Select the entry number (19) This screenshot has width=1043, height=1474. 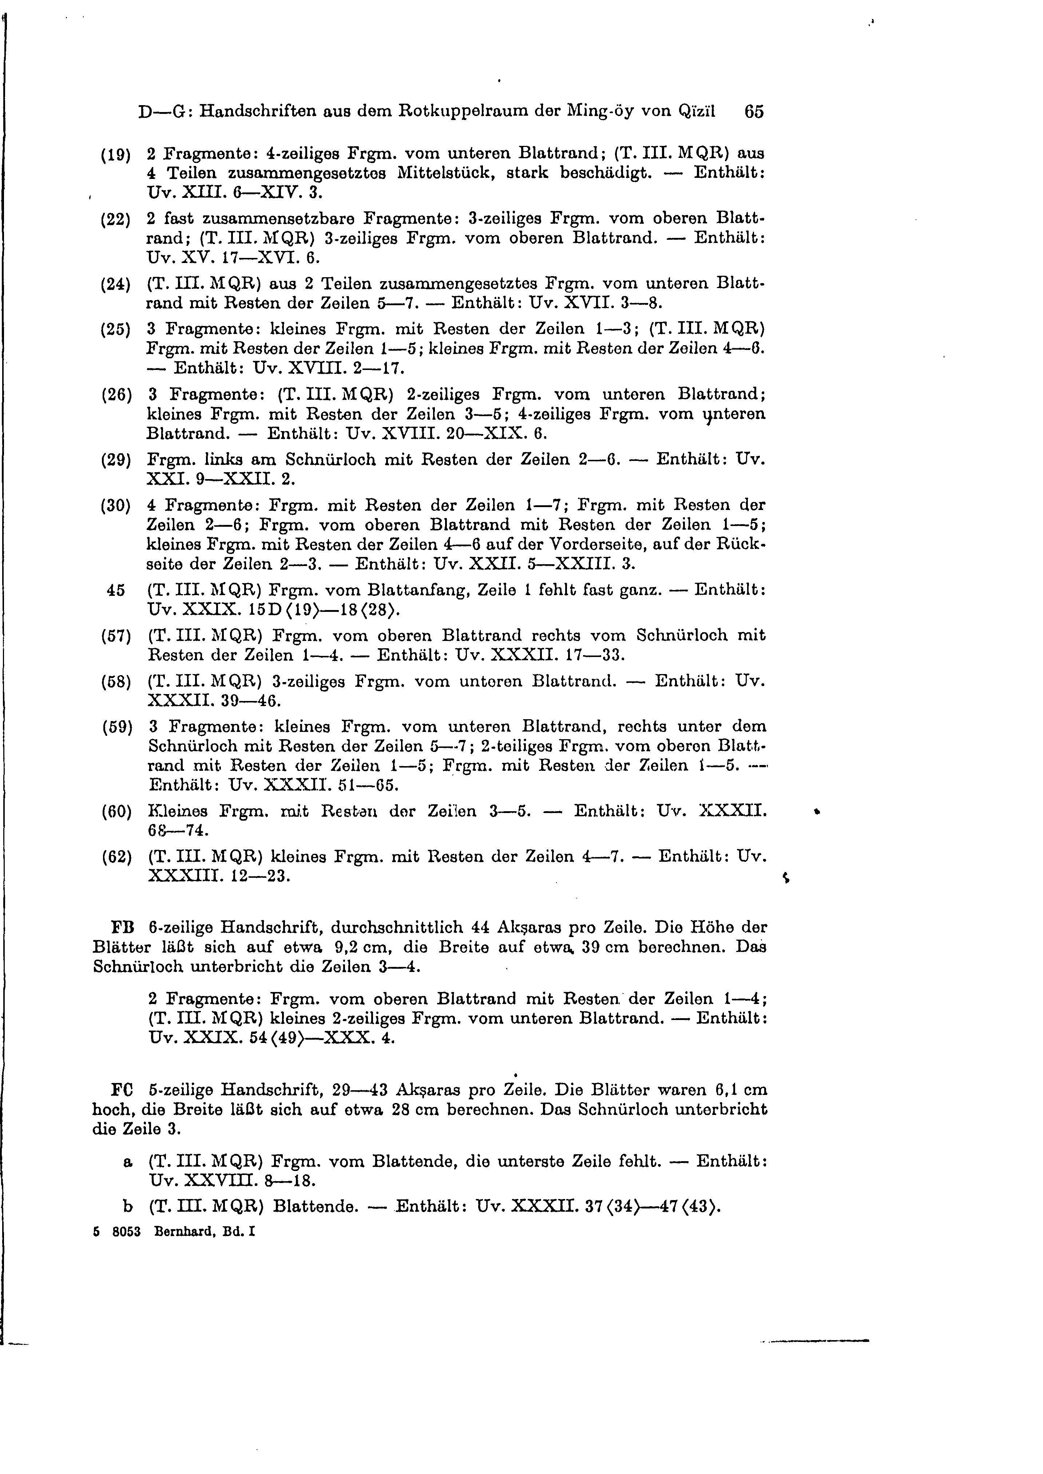pyautogui.click(x=116, y=155)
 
